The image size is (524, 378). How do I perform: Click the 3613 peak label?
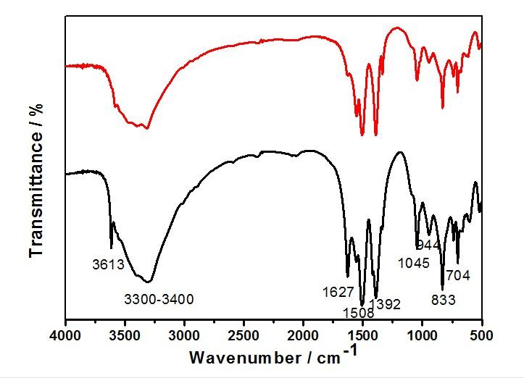coord(108,265)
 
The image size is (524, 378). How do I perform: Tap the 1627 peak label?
coord(338,292)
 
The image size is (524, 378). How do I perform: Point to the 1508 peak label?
coord(359,313)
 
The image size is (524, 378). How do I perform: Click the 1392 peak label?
coord(385,305)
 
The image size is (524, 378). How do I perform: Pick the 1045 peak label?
coord(414,262)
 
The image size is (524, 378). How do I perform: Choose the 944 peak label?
coord(428,245)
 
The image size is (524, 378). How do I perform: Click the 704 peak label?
coord(459,275)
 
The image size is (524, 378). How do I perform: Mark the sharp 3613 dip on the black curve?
coord(111,247)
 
